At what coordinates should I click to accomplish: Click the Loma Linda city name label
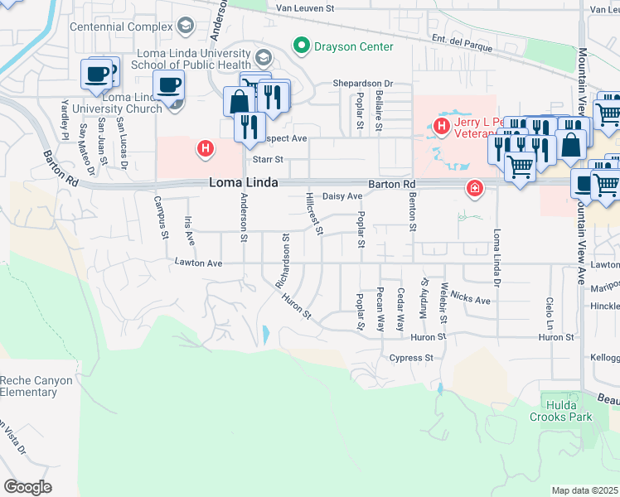click(243, 183)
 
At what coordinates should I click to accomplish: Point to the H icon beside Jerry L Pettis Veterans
click(441, 126)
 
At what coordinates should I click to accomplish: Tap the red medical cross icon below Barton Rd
click(474, 190)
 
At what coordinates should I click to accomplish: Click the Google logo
click(27, 486)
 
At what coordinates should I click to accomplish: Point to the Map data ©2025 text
click(585, 490)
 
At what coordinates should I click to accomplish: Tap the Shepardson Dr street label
click(362, 84)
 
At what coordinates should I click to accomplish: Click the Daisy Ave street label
click(342, 196)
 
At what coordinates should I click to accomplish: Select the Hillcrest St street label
click(313, 212)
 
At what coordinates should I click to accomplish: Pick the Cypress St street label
click(412, 358)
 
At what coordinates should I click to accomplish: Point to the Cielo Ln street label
click(549, 311)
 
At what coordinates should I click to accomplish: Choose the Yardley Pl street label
click(65, 118)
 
